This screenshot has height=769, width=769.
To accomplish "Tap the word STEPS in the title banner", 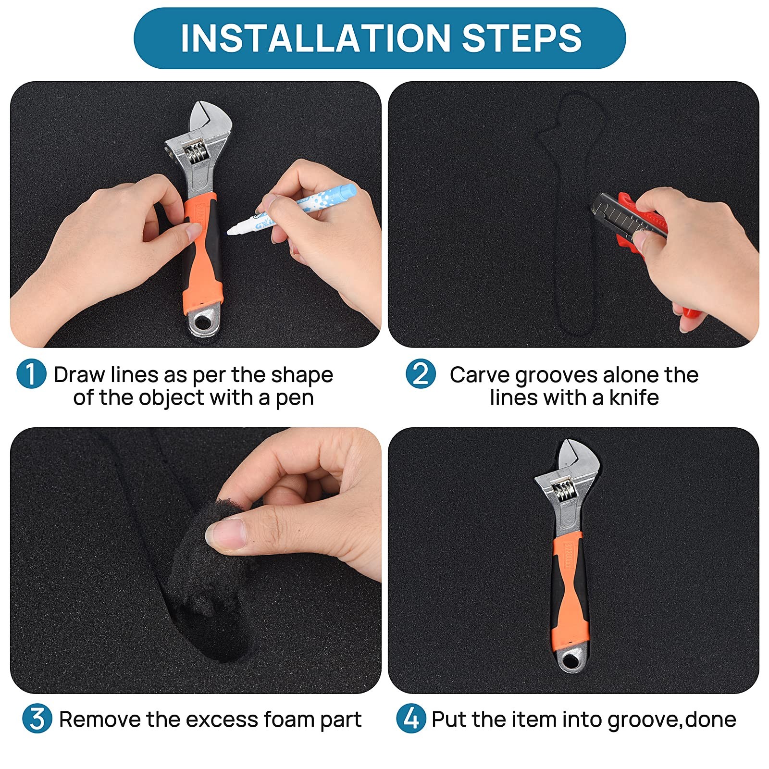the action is tap(522, 38).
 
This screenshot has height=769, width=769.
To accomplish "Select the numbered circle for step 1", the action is tap(31, 374).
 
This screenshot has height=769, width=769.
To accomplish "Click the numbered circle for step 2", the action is tap(421, 374).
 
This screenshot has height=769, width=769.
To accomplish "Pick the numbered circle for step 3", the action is tap(37, 719).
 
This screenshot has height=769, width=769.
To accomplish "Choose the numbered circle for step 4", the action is tap(411, 719).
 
